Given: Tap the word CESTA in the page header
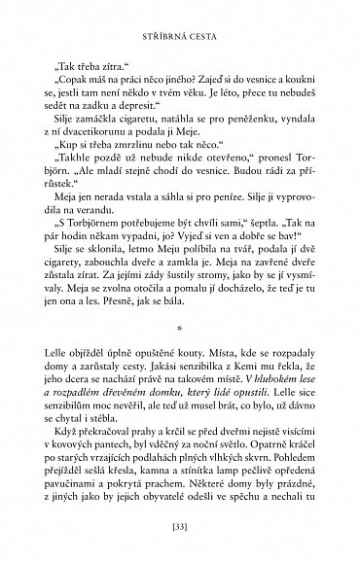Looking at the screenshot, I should pyautogui.click(x=204, y=15).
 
